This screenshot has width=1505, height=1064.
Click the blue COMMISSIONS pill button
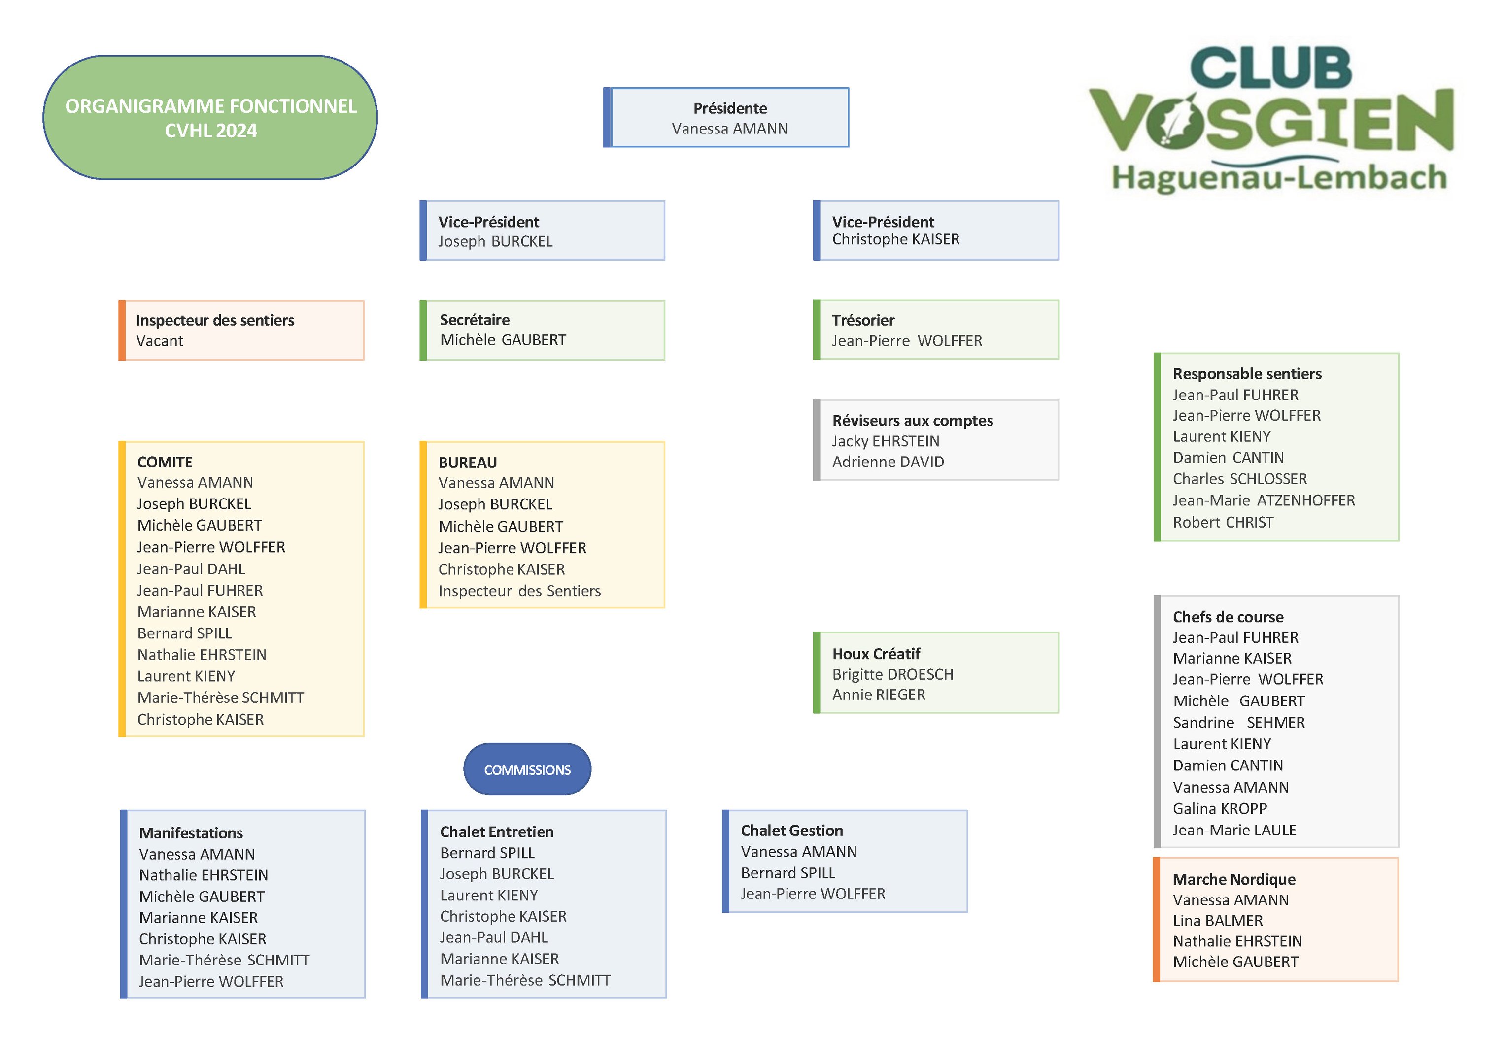pyautogui.click(x=527, y=770)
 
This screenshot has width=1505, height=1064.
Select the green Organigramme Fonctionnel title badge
pyautogui.click(x=210, y=118)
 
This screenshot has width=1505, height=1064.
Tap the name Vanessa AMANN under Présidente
pyautogui.click(x=729, y=129)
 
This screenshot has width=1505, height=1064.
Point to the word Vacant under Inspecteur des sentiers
pyautogui.click(x=160, y=341)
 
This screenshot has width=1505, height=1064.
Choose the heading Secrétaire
pyautogui.click(x=475, y=320)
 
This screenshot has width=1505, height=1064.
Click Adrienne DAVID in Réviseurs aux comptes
pyautogui.click(x=888, y=462)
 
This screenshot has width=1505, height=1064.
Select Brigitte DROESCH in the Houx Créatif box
pyautogui.click(x=893, y=674)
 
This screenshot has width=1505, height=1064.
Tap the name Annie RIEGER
pyautogui.click(x=878, y=695)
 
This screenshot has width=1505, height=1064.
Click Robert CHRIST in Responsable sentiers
pyautogui.click(x=1223, y=522)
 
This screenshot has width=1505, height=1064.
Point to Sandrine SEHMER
pyautogui.click(x=1238, y=723)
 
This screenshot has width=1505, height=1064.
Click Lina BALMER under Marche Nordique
pyautogui.click(x=1217, y=921)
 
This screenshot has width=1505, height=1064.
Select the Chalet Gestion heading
pyautogui.click(x=792, y=831)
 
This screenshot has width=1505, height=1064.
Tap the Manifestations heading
pyautogui.click(x=191, y=833)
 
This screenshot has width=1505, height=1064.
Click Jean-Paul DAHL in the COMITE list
pyautogui.click(x=191, y=569)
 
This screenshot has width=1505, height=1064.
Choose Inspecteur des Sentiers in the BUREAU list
pyautogui.click(x=519, y=591)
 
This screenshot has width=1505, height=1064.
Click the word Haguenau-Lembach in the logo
pyautogui.click(x=1279, y=178)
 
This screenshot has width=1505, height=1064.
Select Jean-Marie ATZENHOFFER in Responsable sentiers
pyautogui.click(x=1263, y=500)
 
